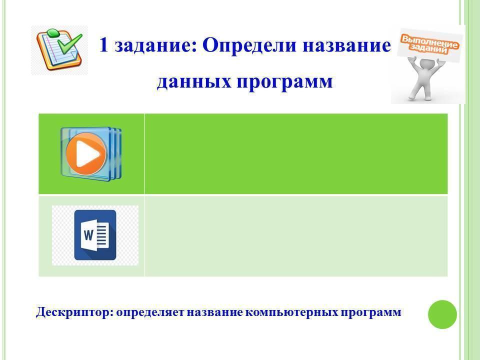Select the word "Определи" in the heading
[x=249, y=46]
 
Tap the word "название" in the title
[x=347, y=46]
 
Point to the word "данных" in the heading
[x=193, y=82]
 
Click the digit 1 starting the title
[x=104, y=45]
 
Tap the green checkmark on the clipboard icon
[x=70, y=43]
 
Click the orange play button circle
[x=86, y=153]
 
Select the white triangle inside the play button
[x=87, y=153]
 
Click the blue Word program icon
[x=95, y=235]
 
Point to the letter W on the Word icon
[x=88, y=235]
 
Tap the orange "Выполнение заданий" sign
[x=428, y=45]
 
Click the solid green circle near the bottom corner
[x=442, y=314]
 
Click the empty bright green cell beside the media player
[x=296, y=153]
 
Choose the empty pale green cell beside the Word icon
[x=296, y=236]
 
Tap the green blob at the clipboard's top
[x=53, y=32]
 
